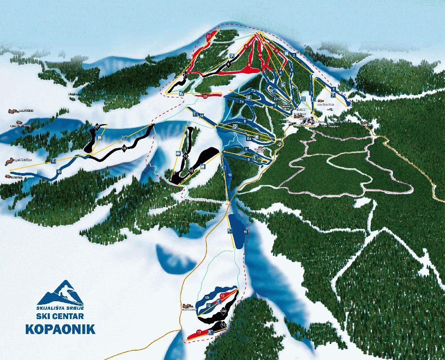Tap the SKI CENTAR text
65,316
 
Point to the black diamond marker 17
97,126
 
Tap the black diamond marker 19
191,170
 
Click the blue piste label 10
230,175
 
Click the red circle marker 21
209,35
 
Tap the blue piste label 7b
253,90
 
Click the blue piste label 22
276,98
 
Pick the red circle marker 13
198,332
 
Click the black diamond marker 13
223,325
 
